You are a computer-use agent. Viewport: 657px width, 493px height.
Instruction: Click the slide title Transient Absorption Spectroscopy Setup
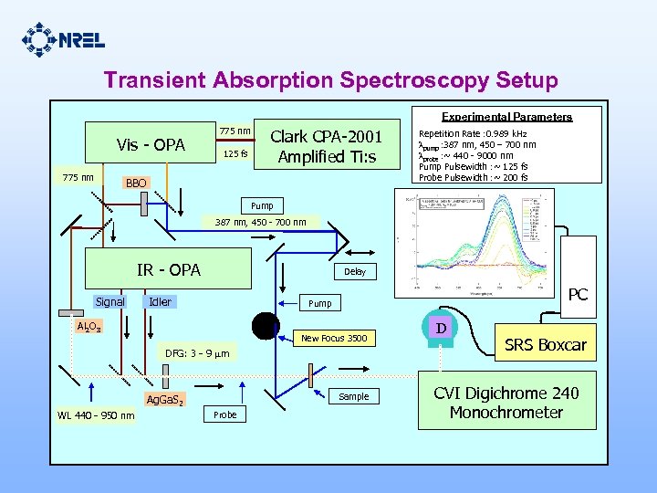330,80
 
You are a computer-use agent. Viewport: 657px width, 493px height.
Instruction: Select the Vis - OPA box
151,145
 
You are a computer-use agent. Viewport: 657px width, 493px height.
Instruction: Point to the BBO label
135,184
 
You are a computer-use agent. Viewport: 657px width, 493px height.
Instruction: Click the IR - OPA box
169,269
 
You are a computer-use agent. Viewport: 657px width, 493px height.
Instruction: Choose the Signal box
110,301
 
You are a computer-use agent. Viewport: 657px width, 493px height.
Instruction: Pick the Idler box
161,301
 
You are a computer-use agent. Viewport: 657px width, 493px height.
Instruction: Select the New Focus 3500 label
334,339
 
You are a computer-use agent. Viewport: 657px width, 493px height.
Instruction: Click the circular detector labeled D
441,326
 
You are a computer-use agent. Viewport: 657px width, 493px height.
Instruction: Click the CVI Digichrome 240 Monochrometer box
506,402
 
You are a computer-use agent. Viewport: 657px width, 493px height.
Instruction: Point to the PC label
578,295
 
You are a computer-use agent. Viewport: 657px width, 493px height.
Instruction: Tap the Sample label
353,396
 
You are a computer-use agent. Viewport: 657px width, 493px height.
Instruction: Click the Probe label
224,414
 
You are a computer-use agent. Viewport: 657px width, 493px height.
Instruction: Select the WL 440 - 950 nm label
96,416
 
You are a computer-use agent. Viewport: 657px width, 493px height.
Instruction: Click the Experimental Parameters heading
506,117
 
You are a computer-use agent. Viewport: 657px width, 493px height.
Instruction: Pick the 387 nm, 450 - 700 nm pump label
261,222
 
